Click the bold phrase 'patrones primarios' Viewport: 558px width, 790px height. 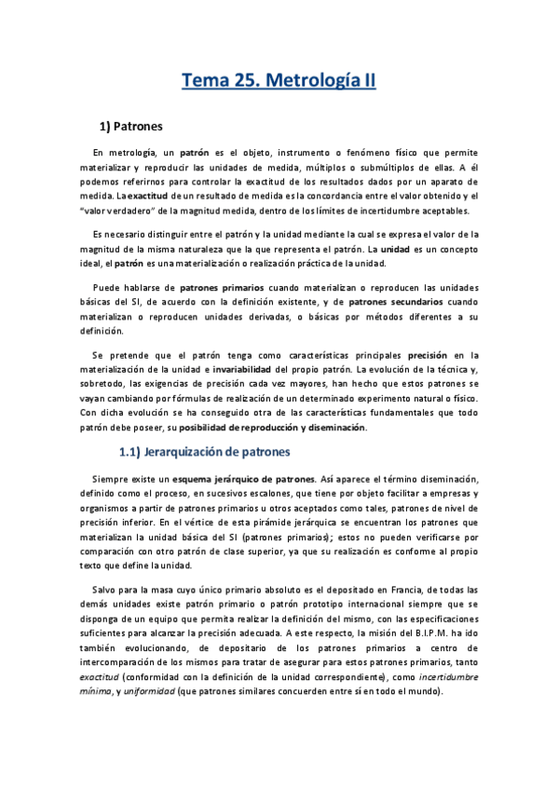pos(222,287)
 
